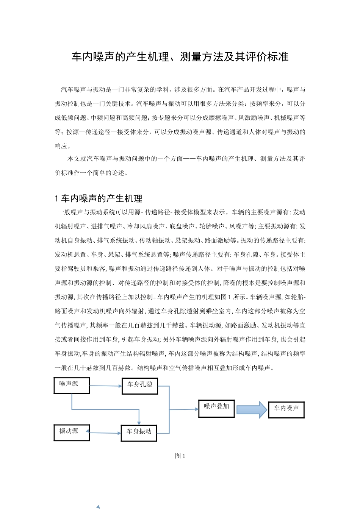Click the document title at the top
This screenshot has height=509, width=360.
[x=180, y=57]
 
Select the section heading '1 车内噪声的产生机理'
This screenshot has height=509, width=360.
[x=99, y=198]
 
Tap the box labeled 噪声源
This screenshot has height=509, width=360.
[x=72, y=385]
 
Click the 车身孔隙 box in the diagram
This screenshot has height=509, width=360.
[x=139, y=386]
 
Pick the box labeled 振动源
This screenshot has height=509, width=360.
[x=72, y=432]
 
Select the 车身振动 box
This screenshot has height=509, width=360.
[x=139, y=432]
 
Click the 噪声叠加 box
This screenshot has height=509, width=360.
[x=216, y=408]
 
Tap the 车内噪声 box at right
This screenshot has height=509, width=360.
[x=286, y=409]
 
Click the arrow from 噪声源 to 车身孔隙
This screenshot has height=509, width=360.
[x=106, y=386]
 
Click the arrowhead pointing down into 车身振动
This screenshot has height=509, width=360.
[x=139, y=422]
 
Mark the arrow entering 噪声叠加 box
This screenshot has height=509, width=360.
[x=184, y=409]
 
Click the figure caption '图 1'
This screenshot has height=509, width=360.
[x=180, y=456]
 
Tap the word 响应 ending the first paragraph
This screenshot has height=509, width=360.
[x=61, y=146]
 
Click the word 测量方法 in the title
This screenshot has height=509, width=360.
[x=201, y=57]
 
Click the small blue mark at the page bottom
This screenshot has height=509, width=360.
[x=98, y=507]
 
